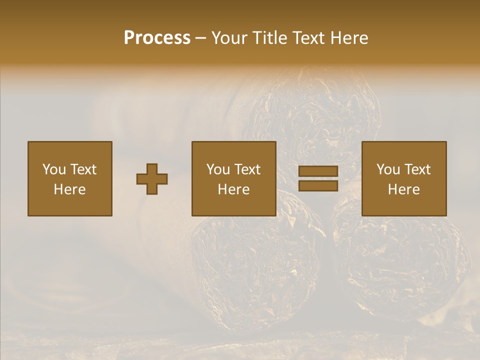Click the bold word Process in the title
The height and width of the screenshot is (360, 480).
[x=157, y=37]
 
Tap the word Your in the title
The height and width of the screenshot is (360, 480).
[x=229, y=37]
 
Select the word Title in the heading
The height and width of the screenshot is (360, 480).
[x=270, y=37]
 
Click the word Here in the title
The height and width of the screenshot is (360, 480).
[x=349, y=37]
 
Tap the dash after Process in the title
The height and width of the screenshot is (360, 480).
[x=200, y=38]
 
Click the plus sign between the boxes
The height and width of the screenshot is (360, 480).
[x=152, y=179]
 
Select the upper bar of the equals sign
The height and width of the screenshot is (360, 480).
[x=318, y=171]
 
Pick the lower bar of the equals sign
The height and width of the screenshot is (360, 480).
[x=318, y=186]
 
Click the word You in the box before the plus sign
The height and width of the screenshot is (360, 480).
[x=54, y=169]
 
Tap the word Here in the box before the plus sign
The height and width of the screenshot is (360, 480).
[x=69, y=189]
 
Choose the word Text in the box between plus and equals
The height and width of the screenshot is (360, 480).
[x=248, y=169]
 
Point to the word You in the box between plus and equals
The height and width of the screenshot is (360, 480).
[x=218, y=169]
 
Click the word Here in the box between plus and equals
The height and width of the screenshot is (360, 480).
[x=233, y=189]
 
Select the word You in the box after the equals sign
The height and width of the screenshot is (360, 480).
[x=388, y=169]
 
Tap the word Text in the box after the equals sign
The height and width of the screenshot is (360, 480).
[x=418, y=169]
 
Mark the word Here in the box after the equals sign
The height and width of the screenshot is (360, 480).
[x=403, y=189]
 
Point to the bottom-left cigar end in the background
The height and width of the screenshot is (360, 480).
[x=255, y=260]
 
